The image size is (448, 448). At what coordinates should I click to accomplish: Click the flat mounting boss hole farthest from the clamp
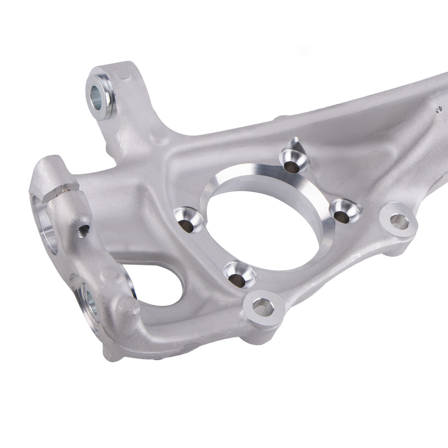pos(398,220)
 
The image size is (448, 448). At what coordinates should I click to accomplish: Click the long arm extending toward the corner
pos(381,112)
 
